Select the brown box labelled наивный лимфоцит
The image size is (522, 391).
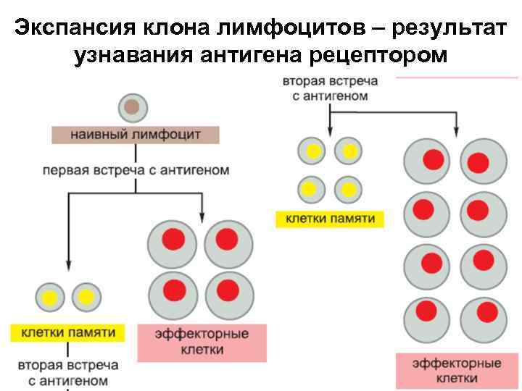click(x=136, y=135)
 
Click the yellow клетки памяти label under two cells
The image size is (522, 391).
click(x=68, y=332)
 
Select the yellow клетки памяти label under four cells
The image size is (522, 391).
click(x=330, y=218)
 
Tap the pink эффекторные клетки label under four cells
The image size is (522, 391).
click(x=202, y=342)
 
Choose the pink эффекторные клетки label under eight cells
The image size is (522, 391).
click(x=457, y=369)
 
